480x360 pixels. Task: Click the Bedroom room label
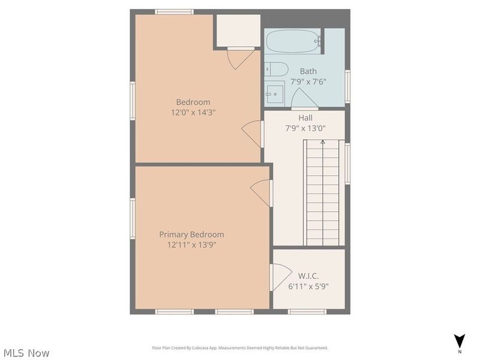coord(193,102)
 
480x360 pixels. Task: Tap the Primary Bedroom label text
coord(191,235)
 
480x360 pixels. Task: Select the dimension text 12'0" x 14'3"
coord(193,112)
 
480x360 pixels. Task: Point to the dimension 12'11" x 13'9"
coord(191,245)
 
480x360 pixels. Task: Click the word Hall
coord(305,118)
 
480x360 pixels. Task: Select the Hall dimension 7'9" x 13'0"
coord(305,128)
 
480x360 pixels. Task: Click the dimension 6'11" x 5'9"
coord(308,287)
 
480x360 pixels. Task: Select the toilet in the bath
coord(277,68)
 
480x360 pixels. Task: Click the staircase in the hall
coord(323,192)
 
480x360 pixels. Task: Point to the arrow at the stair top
coord(323,142)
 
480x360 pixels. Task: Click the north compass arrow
coord(460,341)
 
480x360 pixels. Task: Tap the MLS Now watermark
coord(26,353)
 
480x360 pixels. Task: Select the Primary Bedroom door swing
coord(261,193)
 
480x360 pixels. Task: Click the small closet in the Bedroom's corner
coord(238,30)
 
